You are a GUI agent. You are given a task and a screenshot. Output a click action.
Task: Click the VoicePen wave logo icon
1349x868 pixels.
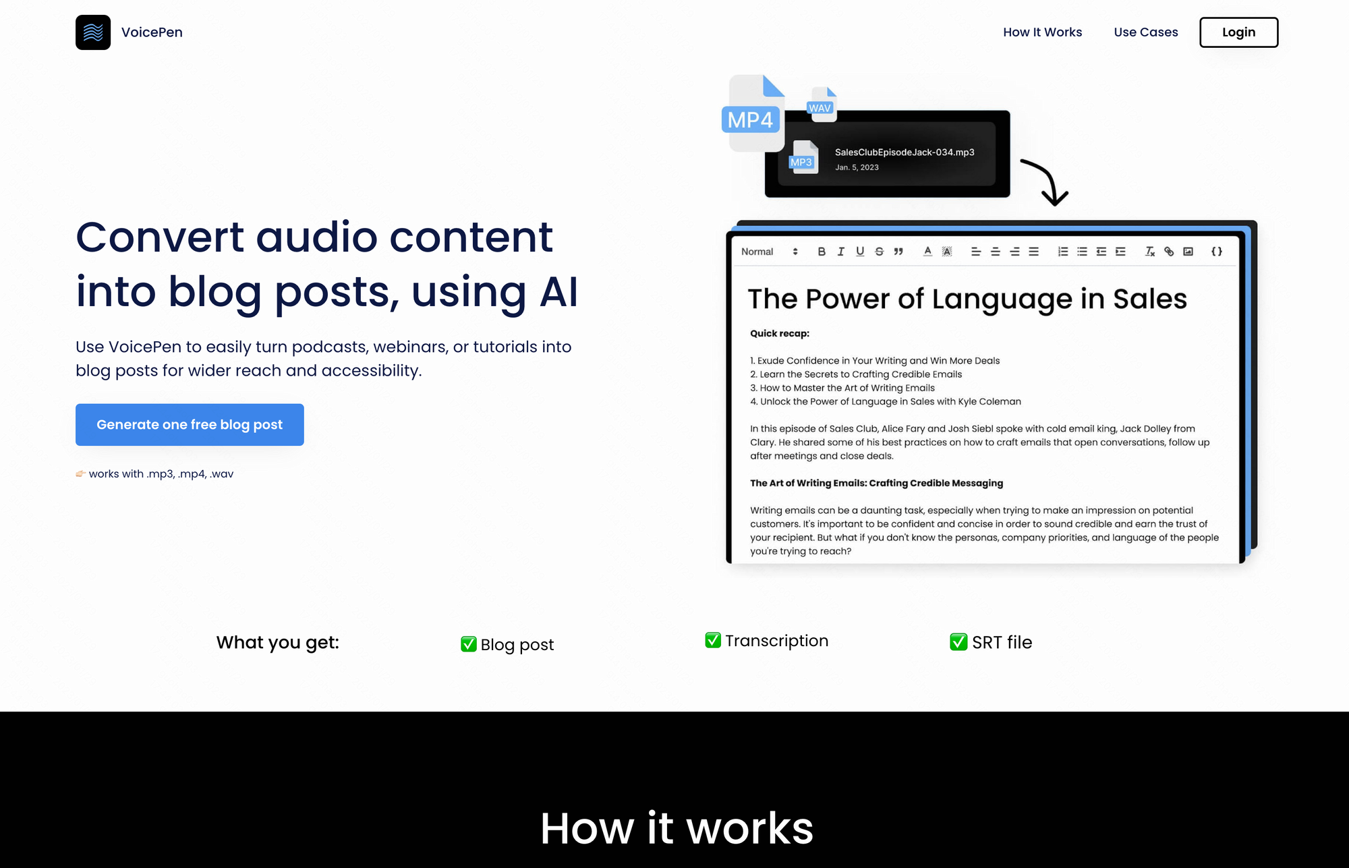(x=93, y=32)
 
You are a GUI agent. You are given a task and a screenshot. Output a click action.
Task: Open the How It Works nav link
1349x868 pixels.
(x=1042, y=32)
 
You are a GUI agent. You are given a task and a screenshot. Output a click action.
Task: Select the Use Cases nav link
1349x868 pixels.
(x=1146, y=32)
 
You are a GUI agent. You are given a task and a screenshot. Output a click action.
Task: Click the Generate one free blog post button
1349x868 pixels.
(x=190, y=424)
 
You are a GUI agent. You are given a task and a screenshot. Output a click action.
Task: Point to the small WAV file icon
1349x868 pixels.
(x=822, y=105)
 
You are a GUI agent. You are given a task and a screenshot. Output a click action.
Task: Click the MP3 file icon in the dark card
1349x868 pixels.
(x=803, y=157)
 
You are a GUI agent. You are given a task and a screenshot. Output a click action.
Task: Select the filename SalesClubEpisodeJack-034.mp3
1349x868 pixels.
(x=905, y=152)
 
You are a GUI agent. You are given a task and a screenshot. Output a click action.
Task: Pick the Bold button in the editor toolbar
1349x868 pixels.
(x=822, y=252)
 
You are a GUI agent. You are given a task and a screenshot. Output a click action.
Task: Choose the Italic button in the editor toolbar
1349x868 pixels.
(x=840, y=252)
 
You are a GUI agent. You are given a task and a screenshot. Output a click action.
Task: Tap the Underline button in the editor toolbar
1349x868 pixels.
(x=860, y=252)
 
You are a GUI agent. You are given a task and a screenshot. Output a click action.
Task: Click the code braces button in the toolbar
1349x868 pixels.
(x=1217, y=252)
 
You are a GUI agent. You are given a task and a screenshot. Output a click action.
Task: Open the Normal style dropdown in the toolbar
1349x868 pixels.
(x=770, y=252)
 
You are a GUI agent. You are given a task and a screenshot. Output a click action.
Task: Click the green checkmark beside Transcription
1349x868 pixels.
(x=713, y=640)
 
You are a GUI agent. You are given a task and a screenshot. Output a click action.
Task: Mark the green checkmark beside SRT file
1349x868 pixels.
(x=958, y=642)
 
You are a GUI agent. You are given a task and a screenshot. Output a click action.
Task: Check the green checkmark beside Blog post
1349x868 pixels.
(x=469, y=644)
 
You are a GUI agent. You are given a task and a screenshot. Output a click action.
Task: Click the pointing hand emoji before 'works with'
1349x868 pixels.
(x=81, y=473)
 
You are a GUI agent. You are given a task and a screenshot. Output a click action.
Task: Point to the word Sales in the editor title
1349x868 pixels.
(x=1150, y=299)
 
